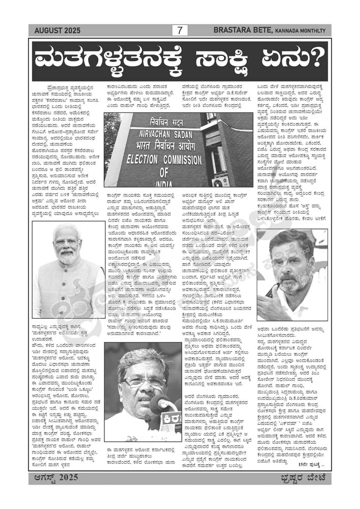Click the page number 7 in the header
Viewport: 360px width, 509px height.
pos(179,31)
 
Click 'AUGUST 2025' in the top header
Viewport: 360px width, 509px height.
pos(53,31)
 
